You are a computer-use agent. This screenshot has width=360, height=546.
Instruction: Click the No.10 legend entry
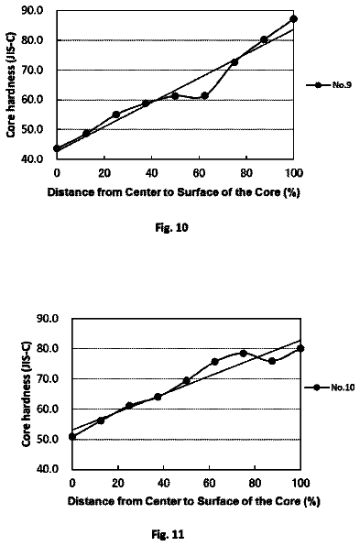tap(330, 388)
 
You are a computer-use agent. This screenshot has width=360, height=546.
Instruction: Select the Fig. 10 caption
tap(171, 228)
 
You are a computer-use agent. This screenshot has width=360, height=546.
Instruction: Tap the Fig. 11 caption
tap(169, 534)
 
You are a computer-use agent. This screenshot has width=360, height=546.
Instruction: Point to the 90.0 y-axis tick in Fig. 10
tap(32, 10)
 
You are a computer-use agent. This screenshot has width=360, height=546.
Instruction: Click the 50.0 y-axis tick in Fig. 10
tap(32, 129)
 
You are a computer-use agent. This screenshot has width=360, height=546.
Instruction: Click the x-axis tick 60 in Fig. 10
tap(199, 173)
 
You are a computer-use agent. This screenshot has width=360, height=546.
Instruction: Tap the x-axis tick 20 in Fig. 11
tap(118, 483)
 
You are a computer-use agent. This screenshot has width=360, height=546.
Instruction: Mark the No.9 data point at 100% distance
tap(293, 19)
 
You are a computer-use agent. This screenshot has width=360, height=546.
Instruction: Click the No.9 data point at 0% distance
tap(57, 148)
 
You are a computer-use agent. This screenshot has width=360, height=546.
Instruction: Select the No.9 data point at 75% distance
tap(235, 62)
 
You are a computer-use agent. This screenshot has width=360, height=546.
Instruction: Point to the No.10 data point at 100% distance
tap(300, 348)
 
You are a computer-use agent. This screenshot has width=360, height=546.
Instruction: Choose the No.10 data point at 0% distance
tap(72, 436)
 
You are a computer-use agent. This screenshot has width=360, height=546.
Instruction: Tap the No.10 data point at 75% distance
tap(244, 354)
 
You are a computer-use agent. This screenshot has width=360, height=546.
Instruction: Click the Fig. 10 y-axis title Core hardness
tap(12, 86)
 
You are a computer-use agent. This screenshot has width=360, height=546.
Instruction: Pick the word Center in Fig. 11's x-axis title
tap(162, 501)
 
